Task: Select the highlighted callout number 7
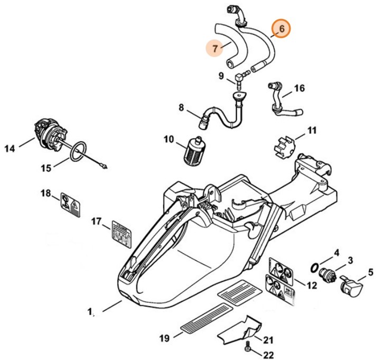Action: (215, 48)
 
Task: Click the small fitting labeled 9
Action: (239, 78)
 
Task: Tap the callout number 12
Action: (311, 285)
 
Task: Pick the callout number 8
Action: (181, 108)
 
